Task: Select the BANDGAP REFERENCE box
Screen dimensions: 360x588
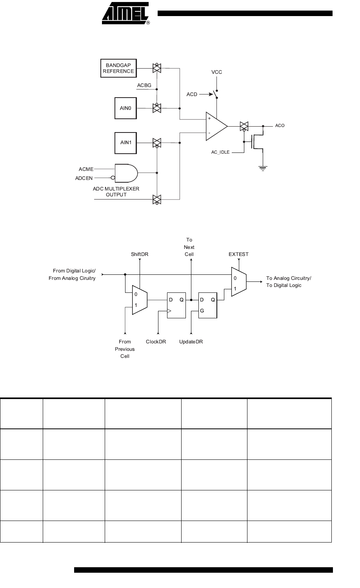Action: [118, 68]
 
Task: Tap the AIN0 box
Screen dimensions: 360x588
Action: [125, 108]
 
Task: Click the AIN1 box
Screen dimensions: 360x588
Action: [125, 143]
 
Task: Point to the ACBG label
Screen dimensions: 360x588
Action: [144, 85]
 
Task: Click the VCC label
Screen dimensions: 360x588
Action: [216, 72]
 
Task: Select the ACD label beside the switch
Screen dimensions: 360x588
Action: [192, 94]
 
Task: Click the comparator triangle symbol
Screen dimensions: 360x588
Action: [216, 126]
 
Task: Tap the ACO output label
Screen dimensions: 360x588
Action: [280, 125]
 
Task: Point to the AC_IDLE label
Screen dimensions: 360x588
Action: [220, 152]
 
